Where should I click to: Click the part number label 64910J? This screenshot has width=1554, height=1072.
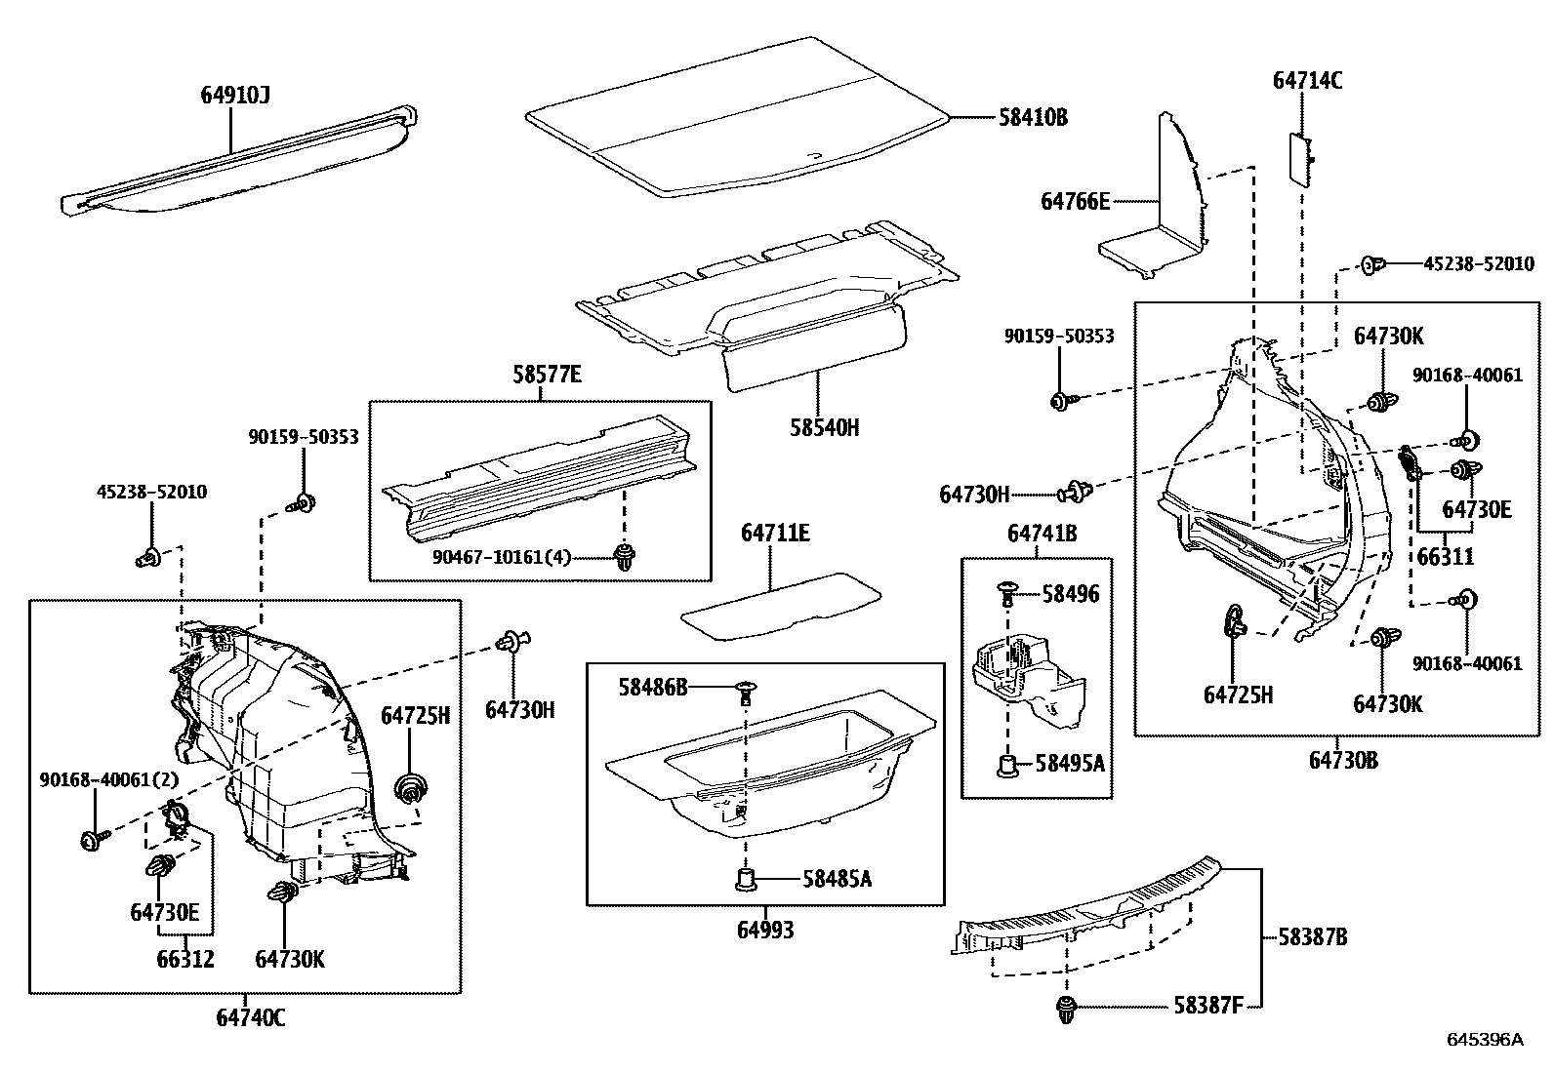point(234,95)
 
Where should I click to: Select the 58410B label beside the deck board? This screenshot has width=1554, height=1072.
point(1033,118)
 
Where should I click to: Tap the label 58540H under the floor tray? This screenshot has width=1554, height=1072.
point(826,427)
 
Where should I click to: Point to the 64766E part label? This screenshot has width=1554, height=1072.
point(1075,202)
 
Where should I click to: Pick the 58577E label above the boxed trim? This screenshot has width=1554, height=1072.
point(547,374)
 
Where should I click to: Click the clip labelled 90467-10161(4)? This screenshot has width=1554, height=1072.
point(623,558)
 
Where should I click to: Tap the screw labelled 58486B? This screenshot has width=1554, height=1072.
point(747,690)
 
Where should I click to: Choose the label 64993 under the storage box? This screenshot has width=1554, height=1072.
point(765,930)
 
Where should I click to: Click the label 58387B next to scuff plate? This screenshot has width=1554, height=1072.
point(1313,937)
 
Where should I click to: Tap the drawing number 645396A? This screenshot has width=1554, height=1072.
point(1484,1040)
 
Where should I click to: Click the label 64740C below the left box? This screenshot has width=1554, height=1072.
point(251,1017)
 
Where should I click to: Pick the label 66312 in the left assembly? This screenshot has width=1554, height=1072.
point(185,959)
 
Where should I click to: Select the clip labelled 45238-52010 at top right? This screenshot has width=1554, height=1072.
point(1372,264)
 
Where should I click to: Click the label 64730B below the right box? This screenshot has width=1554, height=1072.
point(1343,760)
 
